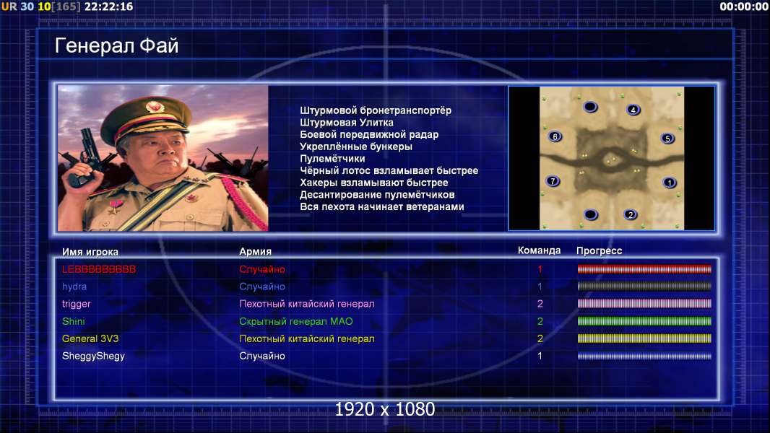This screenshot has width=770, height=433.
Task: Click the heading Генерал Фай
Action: pos(116,45)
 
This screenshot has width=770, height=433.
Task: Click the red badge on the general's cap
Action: pos(154,106)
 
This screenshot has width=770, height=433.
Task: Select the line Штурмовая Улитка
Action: pos(347,123)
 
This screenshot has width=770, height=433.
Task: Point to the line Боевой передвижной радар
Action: pos(369,134)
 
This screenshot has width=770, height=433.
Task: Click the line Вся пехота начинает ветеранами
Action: pos(382,206)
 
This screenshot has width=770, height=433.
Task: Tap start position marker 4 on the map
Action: pos(633,110)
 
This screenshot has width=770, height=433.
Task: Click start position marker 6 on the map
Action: pos(555,136)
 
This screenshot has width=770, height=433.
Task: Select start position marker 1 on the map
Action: pos(670,183)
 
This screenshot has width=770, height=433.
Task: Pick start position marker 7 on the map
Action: pos(553,181)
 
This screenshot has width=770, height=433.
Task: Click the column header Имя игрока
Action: pos(90,252)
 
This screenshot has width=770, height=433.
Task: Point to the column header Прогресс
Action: pos(599,250)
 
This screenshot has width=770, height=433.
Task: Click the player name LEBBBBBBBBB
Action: pos(99,269)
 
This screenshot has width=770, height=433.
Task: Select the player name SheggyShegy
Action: pos(93,356)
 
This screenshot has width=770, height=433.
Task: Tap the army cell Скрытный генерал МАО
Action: pos(295,321)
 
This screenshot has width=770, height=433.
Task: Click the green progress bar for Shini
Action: pos(644,321)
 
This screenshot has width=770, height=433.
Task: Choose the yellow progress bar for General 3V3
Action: pos(644,338)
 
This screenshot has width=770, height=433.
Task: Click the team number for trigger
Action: pos(540,304)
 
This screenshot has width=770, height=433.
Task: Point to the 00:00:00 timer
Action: pos(744,6)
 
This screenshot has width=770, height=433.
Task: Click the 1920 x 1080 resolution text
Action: pos(384,409)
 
